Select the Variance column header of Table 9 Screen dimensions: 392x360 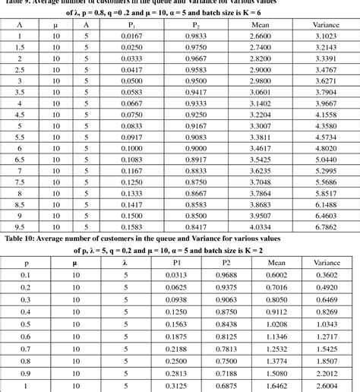(x=326, y=24)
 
